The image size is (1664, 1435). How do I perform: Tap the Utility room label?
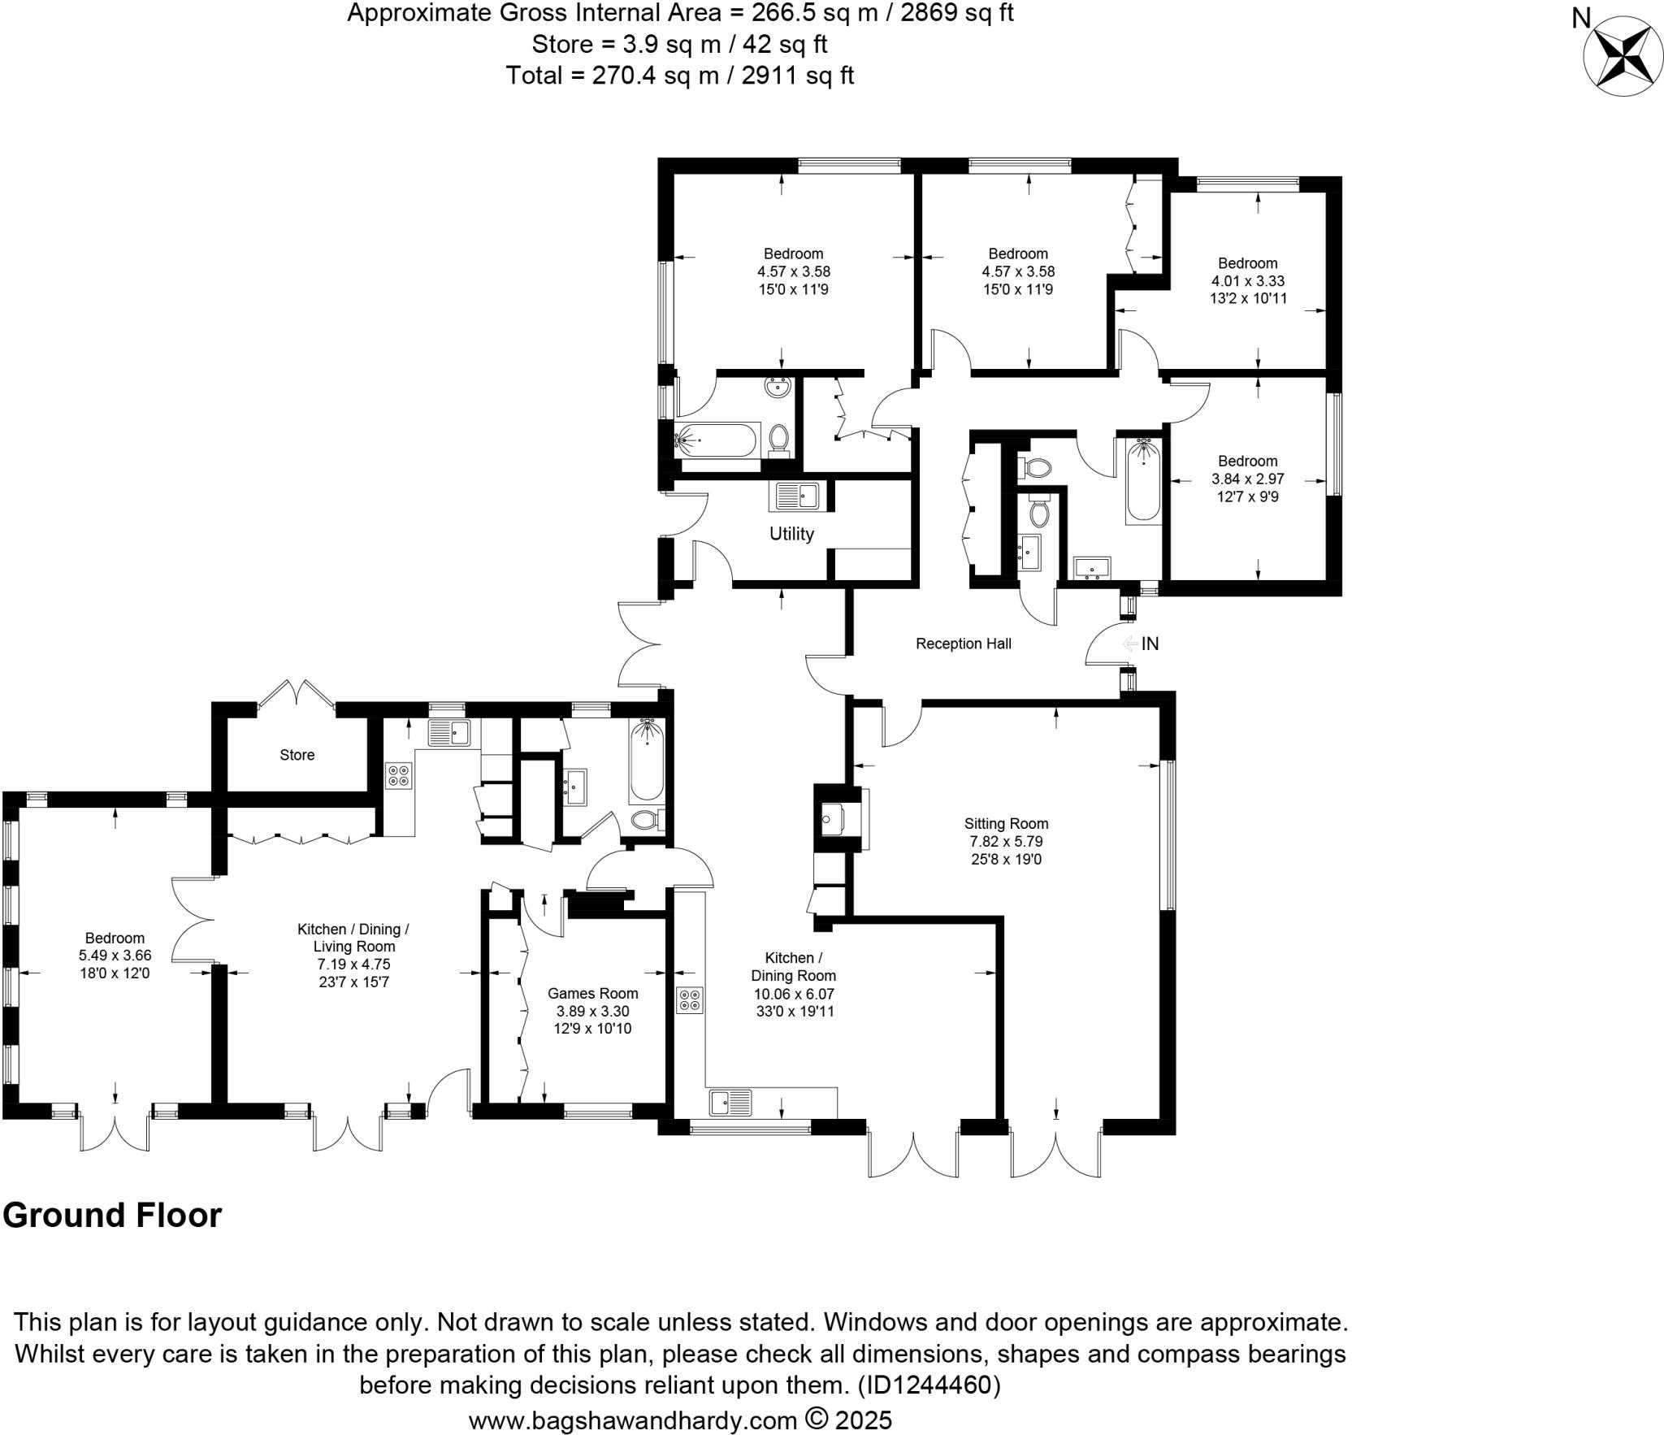coord(791,534)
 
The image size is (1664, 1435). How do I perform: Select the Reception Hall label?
coord(963,644)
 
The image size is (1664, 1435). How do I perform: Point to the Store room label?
coord(297,755)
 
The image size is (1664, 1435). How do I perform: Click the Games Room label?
coord(592,993)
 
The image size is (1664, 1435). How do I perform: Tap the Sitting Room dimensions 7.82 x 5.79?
coord(1006,841)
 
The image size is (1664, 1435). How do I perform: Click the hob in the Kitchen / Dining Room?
coord(690,999)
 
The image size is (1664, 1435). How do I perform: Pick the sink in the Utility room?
coord(797,496)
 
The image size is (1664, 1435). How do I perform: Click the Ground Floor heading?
coord(112,1216)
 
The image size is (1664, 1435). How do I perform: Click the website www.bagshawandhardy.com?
coord(632,1420)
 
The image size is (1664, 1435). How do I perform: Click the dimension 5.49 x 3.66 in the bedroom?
coord(115,956)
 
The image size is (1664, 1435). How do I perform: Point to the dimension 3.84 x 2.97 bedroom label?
coord(1247,479)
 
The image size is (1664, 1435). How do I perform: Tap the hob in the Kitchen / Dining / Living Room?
coord(398,774)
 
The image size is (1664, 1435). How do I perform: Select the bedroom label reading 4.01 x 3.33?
coord(1247,281)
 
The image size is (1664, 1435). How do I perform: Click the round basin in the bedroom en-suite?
coord(778,388)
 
